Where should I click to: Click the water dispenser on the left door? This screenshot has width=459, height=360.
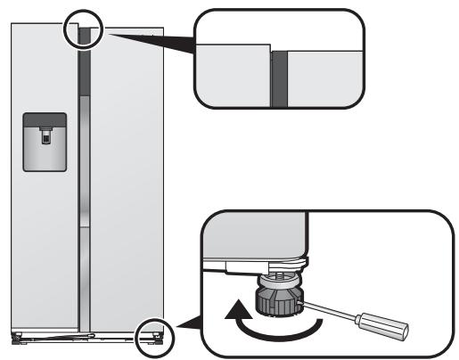[44, 143]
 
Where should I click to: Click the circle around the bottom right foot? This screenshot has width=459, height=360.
[151, 335]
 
